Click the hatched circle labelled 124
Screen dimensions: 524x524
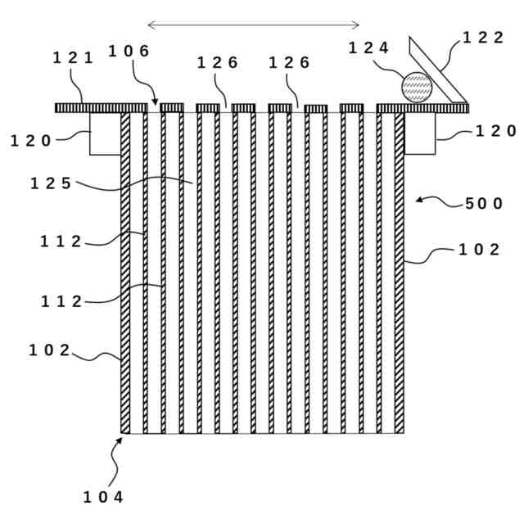click(416, 87)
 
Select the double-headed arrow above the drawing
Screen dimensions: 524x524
click(253, 25)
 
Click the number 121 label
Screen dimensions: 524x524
click(73, 57)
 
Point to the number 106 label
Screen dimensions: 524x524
click(129, 52)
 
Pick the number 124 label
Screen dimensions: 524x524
click(368, 47)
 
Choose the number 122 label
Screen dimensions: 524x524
click(483, 38)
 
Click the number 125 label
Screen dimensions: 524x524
click(52, 183)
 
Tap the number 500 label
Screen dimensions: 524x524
click(484, 204)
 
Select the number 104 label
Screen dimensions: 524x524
click(104, 496)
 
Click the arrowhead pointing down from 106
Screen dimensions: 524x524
click(155, 103)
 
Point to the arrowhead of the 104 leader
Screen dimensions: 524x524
click(121, 440)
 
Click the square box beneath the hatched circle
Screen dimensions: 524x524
click(420, 133)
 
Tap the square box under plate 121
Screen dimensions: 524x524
click(105, 133)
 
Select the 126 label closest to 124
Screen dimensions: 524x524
click(289, 63)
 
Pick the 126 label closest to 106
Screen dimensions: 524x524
click(217, 63)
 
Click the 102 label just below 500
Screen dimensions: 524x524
click(479, 251)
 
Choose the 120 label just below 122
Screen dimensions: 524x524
click(496, 131)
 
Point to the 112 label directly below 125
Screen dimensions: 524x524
click(61, 241)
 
